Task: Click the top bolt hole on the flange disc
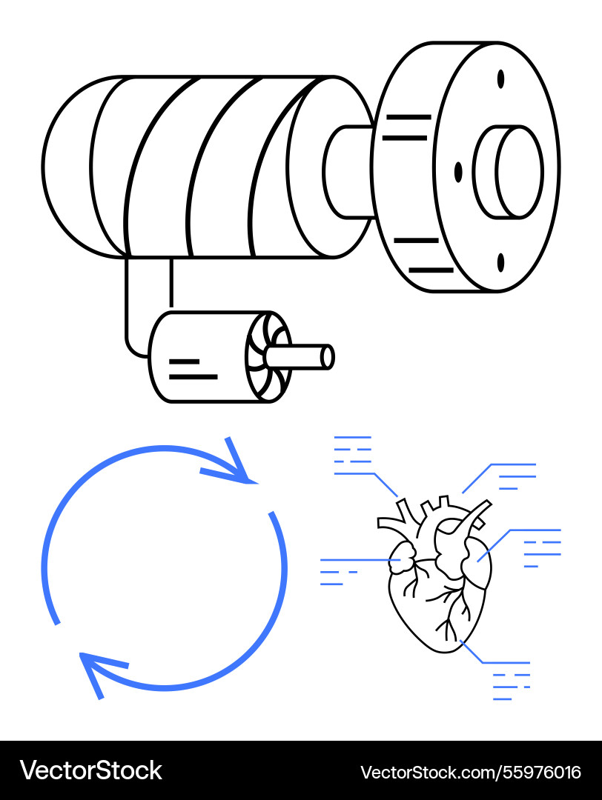click(x=500, y=79)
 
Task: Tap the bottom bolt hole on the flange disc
click(x=500, y=261)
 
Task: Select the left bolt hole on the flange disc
click(x=458, y=172)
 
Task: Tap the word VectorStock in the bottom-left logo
click(x=90, y=770)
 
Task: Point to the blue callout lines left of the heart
click(x=337, y=572)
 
